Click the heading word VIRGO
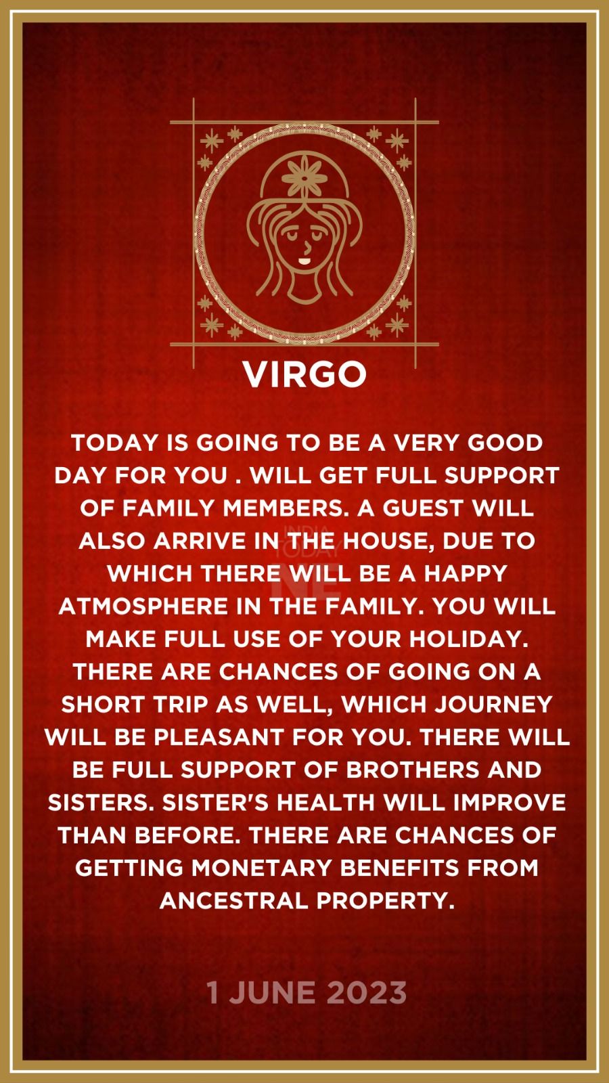(304, 374)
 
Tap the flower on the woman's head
(304, 176)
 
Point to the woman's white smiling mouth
(304, 261)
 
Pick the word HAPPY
(466, 573)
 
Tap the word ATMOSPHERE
(143, 606)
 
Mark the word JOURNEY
(493, 705)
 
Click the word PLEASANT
(219, 737)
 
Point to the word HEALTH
(325, 803)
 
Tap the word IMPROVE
(510, 803)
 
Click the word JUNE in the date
(272, 993)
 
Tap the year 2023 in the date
(366, 993)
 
